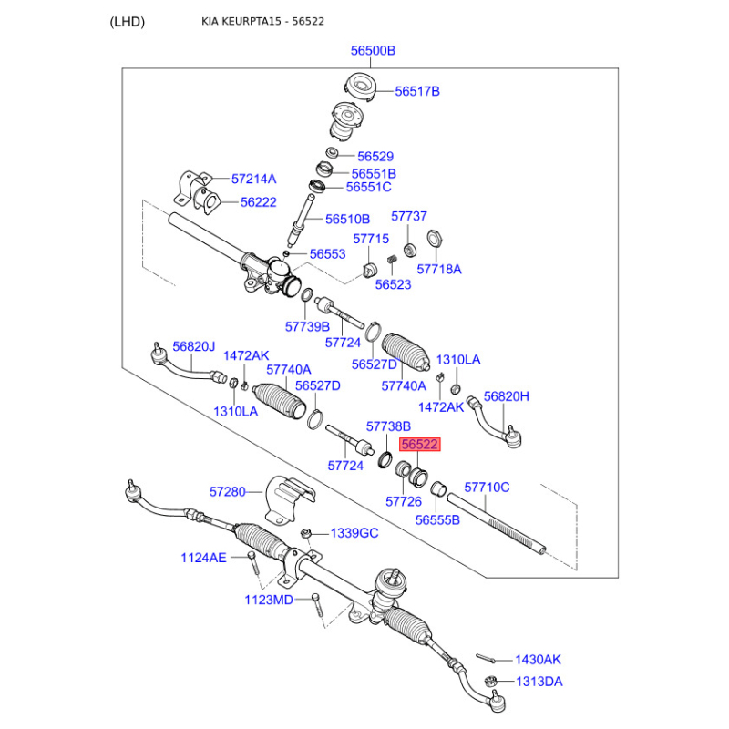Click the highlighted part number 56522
point(420,445)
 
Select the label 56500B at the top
point(374,51)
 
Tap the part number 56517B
point(417,91)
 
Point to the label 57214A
point(253,180)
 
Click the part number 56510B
point(347,219)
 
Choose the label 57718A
point(439,269)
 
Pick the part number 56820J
point(194,346)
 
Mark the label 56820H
point(506,396)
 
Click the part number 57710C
point(487,488)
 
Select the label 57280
point(228,492)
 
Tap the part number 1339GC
point(354,533)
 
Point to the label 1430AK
point(539,659)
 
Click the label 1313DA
point(539,682)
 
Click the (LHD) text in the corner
point(127,21)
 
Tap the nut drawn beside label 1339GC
point(308,533)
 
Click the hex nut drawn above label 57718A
point(436,240)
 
